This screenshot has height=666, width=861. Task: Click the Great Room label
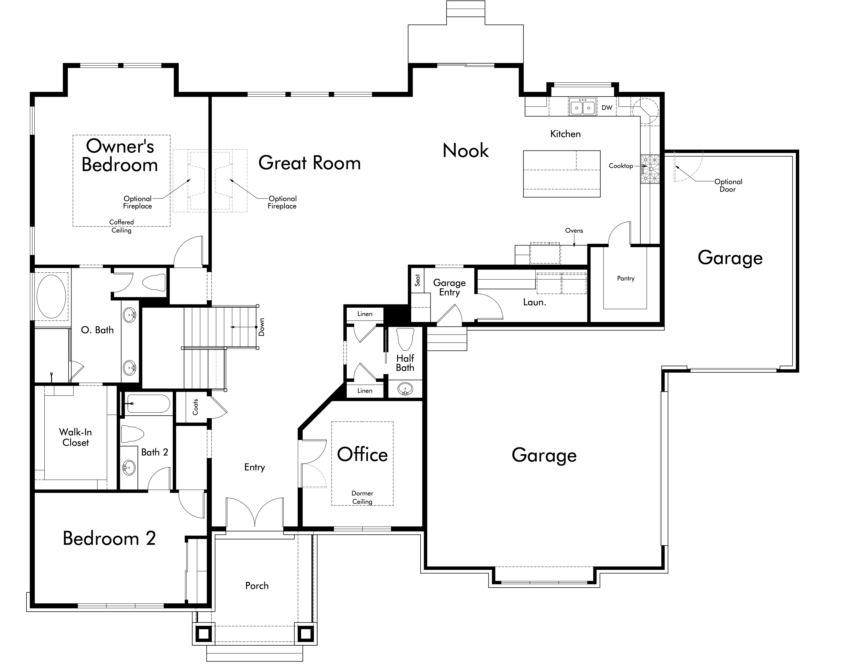click(309, 163)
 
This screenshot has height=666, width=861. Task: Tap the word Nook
click(465, 151)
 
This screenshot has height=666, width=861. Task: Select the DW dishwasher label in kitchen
click(607, 108)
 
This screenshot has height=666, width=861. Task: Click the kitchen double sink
click(582, 107)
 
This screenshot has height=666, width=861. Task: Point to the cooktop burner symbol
click(650, 169)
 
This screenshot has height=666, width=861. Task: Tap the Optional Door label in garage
click(728, 185)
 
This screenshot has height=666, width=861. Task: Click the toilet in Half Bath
click(405, 338)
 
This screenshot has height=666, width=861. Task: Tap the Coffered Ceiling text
click(121, 226)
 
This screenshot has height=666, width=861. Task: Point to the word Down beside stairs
click(261, 327)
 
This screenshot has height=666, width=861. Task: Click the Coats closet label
click(195, 407)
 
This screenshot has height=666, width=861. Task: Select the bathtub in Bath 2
click(148, 404)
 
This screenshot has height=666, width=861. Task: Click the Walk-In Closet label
click(75, 437)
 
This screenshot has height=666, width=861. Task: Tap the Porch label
click(257, 586)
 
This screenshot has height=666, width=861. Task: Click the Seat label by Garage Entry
click(417, 280)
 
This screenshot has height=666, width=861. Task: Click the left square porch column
click(204, 634)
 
